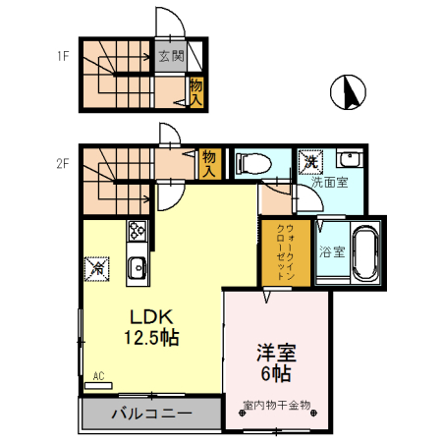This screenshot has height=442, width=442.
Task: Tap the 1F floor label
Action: [61, 56]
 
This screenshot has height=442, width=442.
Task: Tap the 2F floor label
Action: [61, 164]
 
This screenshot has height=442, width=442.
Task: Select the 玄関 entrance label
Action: [171, 57]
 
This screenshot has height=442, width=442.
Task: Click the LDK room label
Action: [152, 316]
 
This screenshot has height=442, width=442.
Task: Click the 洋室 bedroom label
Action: [277, 352]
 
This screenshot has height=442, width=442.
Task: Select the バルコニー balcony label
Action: [150, 412]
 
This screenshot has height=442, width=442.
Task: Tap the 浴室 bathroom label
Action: [331, 252]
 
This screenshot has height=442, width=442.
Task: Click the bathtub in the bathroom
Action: [365, 253]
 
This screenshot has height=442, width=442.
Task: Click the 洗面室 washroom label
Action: [329, 183]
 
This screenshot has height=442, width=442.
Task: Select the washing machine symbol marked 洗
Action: [310, 160]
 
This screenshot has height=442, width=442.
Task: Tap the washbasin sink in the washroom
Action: [349, 160]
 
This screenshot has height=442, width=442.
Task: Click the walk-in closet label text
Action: [286, 253]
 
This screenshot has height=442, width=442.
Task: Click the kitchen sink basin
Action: [137, 265]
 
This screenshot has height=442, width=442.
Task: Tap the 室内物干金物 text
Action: [276, 404]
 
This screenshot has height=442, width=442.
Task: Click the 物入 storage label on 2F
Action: [208, 163]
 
